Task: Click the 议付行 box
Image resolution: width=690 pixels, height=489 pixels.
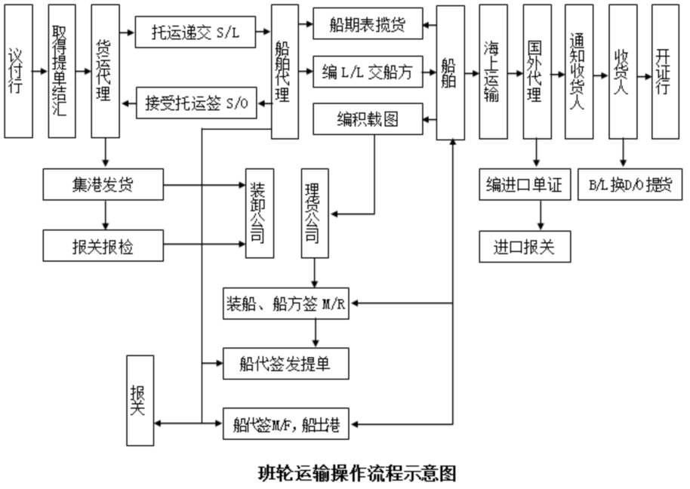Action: point(18,72)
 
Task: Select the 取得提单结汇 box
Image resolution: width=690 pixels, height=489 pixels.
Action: point(61,72)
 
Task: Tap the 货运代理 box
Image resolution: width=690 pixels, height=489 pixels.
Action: point(104,72)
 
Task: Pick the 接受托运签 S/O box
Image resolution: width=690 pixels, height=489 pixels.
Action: point(196,102)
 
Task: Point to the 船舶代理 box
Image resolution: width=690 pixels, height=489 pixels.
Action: point(285,72)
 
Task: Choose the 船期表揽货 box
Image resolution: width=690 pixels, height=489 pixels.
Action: point(368,24)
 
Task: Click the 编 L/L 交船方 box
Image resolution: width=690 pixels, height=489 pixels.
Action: point(368,72)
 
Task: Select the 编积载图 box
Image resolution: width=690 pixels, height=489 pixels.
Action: point(368,120)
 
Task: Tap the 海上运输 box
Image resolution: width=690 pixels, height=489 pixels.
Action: point(493,72)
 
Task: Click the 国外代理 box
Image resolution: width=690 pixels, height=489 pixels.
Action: point(536,72)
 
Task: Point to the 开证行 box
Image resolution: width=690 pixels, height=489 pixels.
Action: point(664,72)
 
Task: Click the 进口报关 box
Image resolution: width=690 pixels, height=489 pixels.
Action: point(525,247)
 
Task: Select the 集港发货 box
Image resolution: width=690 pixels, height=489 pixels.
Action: point(103,185)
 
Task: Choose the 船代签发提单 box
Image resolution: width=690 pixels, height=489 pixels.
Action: point(286,364)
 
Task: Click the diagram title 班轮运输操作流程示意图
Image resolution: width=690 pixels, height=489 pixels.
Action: point(357,473)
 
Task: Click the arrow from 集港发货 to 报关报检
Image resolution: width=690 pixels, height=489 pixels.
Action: point(106,215)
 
